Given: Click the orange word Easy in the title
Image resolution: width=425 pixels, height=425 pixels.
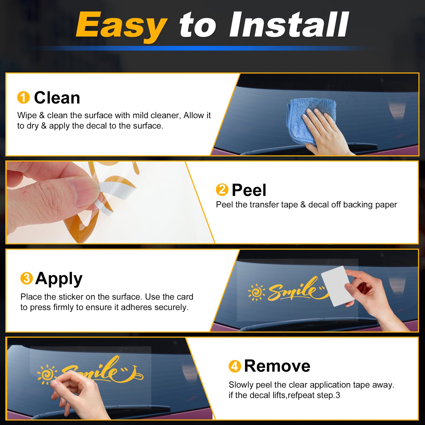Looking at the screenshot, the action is [x=121, y=26].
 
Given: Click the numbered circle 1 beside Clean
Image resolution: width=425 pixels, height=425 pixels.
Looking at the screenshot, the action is [x=23, y=97].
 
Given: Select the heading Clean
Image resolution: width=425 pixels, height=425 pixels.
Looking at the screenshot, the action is [x=57, y=97].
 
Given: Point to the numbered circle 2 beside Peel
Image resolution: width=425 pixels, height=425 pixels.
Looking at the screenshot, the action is [x=222, y=190].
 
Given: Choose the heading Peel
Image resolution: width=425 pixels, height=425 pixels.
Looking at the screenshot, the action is [x=249, y=190].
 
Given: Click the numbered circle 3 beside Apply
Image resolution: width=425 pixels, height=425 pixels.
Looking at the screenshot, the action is [x=27, y=278].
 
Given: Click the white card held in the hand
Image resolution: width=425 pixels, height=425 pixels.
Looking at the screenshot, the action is [x=336, y=286].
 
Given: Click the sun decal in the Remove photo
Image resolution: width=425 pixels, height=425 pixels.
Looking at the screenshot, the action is [x=47, y=376].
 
